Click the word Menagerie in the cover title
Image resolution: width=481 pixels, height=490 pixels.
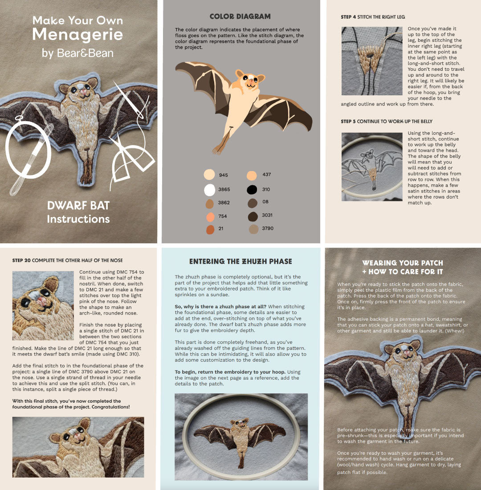(x=77, y=35)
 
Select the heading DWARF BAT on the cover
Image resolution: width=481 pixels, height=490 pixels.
(x=78, y=205)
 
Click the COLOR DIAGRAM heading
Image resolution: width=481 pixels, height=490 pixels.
(x=240, y=16)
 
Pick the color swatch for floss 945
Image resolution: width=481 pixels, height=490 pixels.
(x=209, y=174)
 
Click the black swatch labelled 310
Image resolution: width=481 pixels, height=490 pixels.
(x=252, y=189)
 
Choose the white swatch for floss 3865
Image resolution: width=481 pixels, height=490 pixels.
(x=209, y=190)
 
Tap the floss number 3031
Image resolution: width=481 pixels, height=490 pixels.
(x=267, y=215)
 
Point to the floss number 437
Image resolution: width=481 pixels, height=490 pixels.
(x=267, y=174)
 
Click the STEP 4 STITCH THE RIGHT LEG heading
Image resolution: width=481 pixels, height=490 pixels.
(x=373, y=17)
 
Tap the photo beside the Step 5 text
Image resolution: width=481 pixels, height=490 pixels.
(x=372, y=167)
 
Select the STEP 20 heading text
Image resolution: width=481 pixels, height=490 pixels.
(x=68, y=260)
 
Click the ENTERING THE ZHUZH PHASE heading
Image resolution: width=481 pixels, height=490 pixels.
(x=240, y=261)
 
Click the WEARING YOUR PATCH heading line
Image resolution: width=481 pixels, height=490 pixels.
(x=403, y=263)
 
